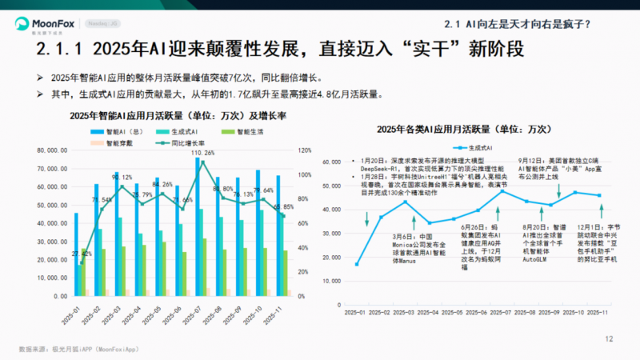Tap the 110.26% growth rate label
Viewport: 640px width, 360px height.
coord(204,152)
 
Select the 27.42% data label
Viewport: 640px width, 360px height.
coord(82,254)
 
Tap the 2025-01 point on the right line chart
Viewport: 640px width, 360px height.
coord(357,264)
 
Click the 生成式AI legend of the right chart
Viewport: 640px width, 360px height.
coord(471,148)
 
